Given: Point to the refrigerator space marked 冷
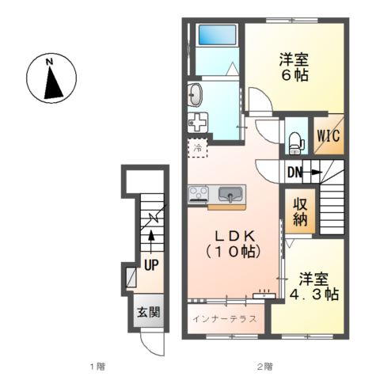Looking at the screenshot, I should click(195, 147).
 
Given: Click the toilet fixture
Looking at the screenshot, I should click(296, 140).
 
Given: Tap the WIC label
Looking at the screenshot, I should click(329, 135).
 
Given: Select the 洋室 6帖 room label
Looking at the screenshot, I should click(293, 66).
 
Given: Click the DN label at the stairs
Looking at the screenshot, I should click(295, 172).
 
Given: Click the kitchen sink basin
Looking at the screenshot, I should click(230, 195).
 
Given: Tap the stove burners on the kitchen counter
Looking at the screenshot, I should click(197, 195).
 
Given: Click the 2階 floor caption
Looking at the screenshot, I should click(264, 367).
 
